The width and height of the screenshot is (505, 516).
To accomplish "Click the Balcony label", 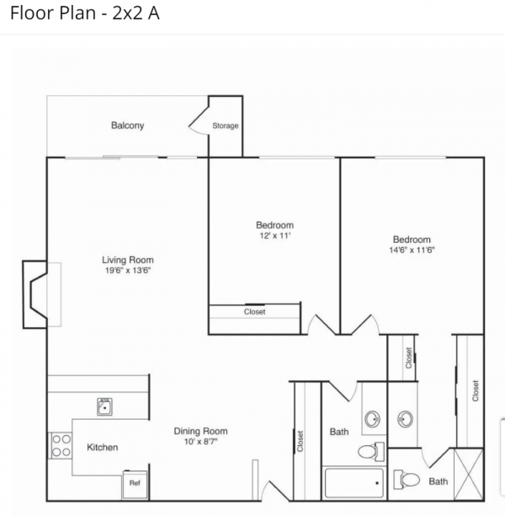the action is point(127,126).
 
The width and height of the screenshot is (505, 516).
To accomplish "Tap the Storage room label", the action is point(226,126).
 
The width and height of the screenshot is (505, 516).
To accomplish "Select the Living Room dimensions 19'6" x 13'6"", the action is point(128,271).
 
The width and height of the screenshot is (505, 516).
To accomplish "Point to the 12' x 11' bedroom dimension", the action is point(275,235).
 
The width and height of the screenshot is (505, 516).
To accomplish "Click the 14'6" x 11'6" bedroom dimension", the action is point(412,250).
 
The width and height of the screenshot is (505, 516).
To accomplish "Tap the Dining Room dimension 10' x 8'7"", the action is point(201,441).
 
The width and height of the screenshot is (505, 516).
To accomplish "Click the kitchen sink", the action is point(105,406).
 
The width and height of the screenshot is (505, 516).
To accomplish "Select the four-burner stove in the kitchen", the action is point(61,445).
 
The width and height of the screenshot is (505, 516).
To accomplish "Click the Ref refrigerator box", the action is point(135,485).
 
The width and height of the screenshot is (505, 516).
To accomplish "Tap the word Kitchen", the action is point(102,447).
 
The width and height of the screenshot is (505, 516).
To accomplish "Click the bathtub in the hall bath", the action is point(353,483).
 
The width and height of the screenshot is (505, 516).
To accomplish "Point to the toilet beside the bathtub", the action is point(371,452).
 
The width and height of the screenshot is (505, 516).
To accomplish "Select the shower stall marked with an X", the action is point(469,474).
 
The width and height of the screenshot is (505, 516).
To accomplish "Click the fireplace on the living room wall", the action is point(35,294).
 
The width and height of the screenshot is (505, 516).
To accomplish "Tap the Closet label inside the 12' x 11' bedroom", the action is point(255,312).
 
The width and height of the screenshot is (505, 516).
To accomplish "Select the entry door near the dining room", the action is point(275,491).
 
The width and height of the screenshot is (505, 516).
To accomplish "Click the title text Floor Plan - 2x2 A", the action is point(85,13).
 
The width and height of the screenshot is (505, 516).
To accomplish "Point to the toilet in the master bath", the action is point(407,480).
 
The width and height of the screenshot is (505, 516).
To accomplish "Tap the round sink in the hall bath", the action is point(373,419).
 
